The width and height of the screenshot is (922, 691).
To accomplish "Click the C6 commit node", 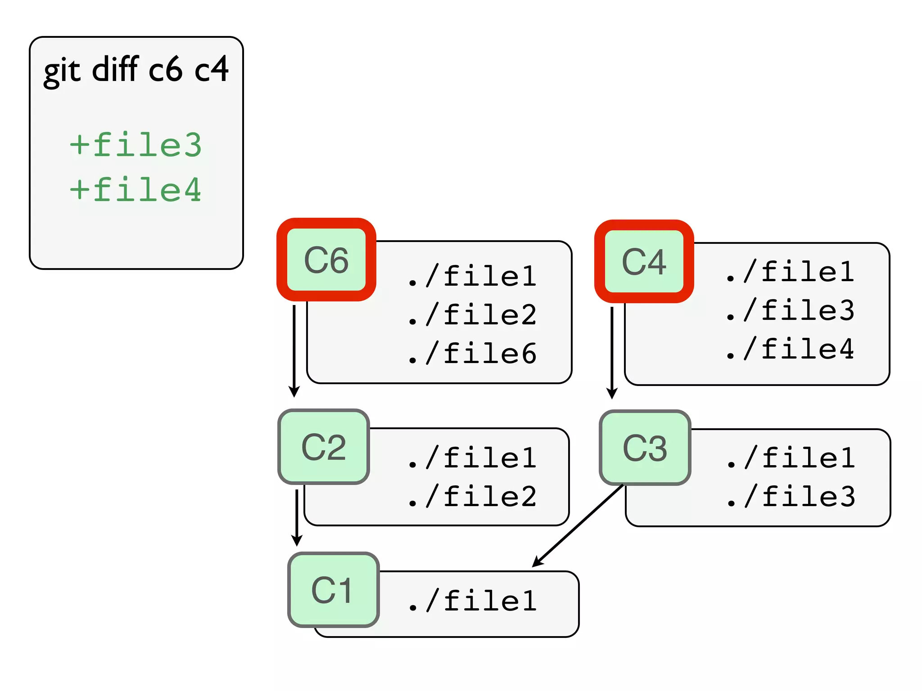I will click(x=326, y=260).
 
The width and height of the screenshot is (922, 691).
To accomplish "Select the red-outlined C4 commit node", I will click(x=644, y=261).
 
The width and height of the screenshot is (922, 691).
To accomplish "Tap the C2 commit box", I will click(x=324, y=447).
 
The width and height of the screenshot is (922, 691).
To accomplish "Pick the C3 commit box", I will click(x=645, y=448).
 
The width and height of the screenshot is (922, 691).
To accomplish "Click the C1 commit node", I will click(x=333, y=590).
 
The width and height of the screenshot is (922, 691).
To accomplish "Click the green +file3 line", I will click(x=136, y=145).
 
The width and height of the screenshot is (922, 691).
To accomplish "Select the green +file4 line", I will click(x=136, y=190).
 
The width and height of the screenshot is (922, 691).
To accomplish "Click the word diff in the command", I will click(x=115, y=69).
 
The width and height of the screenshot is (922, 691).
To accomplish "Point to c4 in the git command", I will click(x=211, y=69).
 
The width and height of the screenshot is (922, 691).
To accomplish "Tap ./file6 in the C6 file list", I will click(x=472, y=353).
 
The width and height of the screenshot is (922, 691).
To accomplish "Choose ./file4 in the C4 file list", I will click(x=790, y=349).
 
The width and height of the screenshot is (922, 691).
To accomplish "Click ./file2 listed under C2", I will click(x=472, y=497).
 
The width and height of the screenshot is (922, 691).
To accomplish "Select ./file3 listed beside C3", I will click(x=791, y=497).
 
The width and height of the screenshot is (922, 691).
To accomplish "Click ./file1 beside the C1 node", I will click(x=472, y=601).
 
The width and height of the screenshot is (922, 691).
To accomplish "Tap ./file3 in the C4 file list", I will click(x=790, y=310).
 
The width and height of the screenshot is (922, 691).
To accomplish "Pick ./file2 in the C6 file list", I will click(x=472, y=314).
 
